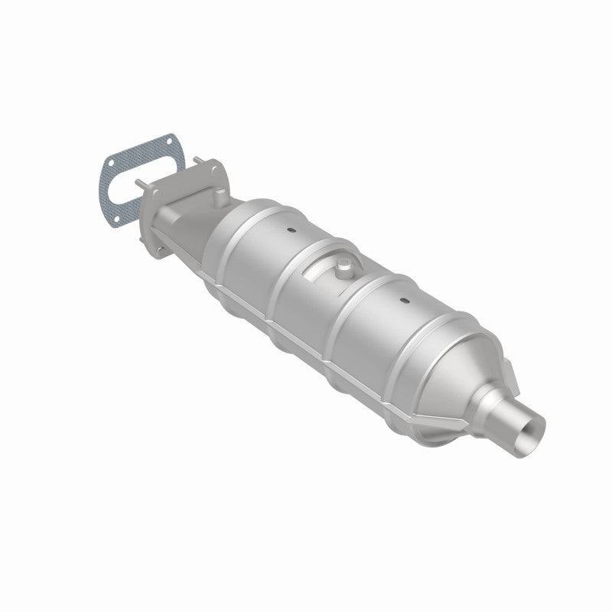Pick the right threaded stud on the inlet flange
[197, 160]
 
